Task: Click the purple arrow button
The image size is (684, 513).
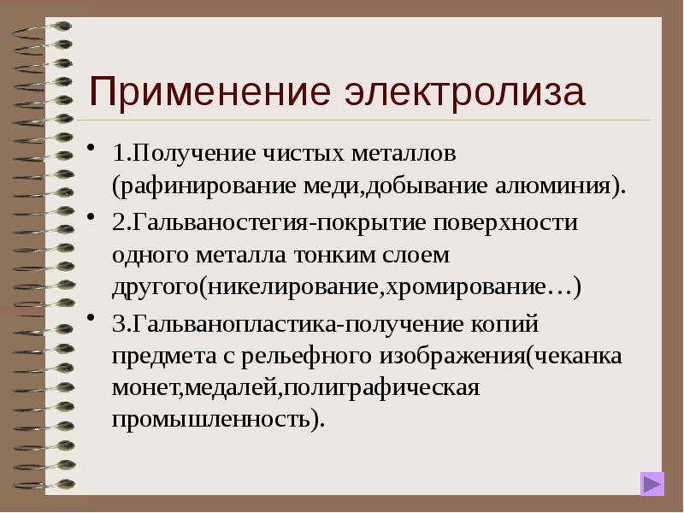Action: coord(652,484)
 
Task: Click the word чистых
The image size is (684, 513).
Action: coord(302,155)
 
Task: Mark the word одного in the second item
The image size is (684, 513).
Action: coord(148,255)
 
